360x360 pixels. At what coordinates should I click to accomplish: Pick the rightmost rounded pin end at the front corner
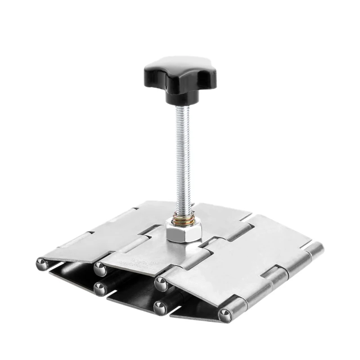(225, 315)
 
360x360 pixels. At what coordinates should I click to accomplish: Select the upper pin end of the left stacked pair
(100, 269)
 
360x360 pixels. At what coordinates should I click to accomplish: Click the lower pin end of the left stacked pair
(100, 288)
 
